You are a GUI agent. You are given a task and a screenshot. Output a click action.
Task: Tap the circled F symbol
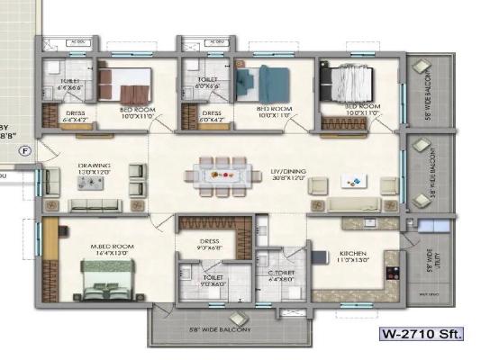25,150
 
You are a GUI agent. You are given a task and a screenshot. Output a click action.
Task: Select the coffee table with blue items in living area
352,182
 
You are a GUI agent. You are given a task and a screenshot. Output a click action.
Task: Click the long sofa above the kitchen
351,205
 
